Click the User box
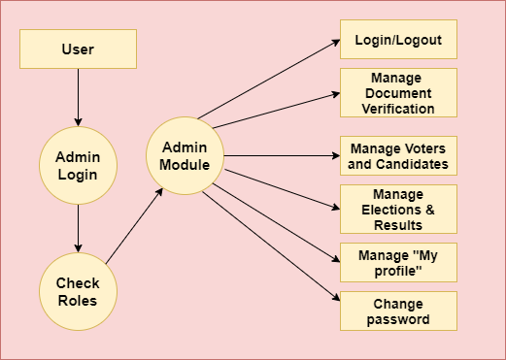point(78,49)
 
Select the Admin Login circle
point(78,166)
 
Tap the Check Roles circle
point(78,291)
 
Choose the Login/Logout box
point(397,40)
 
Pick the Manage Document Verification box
point(397,92)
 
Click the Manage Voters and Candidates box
point(397,155)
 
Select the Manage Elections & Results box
point(397,210)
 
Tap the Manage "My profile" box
point(397,262)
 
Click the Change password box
point(397,311)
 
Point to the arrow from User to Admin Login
point(78,97)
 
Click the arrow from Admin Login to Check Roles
point(78,228)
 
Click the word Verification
point(397,108)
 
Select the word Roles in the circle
point(78,300)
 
